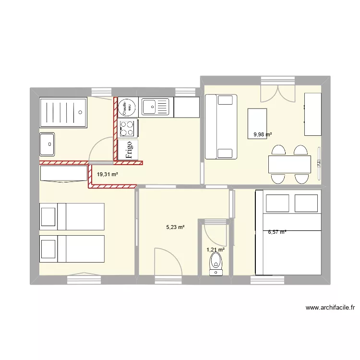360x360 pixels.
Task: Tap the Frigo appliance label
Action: click(129, 149)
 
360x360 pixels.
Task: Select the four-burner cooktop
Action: click(128, 128)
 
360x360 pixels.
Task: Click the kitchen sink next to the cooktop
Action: click(156, 107)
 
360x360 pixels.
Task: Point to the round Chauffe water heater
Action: click(127, 107)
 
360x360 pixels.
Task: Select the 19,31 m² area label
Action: click(108, 175)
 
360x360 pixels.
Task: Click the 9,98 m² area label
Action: click(263, 135)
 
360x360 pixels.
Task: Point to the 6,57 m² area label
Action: click(277, 232)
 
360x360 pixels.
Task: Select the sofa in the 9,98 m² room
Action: click(221, 127)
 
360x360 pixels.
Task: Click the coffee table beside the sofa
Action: click(257, 123)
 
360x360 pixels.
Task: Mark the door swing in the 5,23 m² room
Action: click(168, 262)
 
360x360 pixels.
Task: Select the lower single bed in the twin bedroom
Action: click(72, 249)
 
